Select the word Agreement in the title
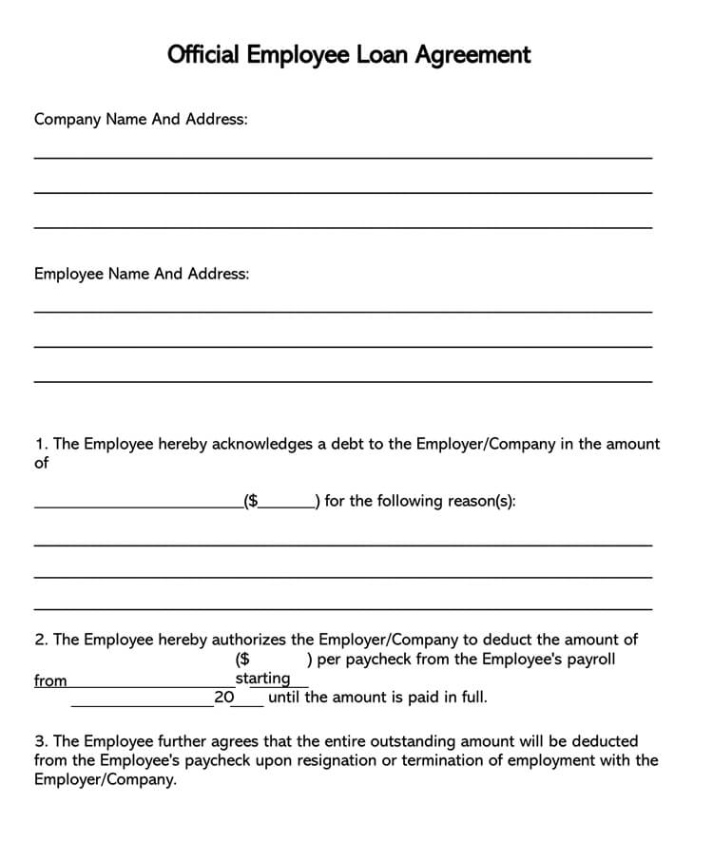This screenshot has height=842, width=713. tap(473, 55)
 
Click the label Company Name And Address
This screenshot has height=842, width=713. tap(141, 120)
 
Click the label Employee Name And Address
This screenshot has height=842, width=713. tap(142, 274)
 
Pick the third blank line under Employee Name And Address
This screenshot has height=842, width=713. tap(342, 381)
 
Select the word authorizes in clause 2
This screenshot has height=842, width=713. tap(249, 640)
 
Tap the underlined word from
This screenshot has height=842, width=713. tap(50, 680)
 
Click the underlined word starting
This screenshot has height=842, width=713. tap(262, 679)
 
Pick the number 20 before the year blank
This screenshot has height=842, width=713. tap(224, 698)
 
